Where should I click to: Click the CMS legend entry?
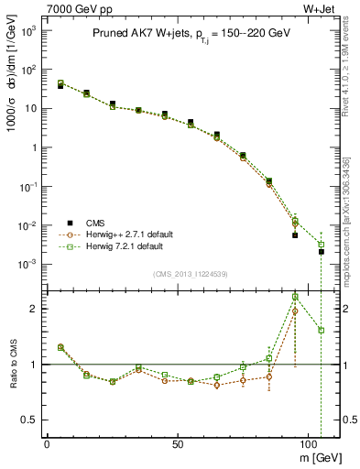click(x=94, y=223)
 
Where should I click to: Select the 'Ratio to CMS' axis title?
click(x=11, y=364)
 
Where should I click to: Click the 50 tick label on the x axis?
click(x=179, y=442)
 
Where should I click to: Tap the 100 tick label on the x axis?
click(x=311, y=442)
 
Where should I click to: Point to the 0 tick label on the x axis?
click(x=47, y=442)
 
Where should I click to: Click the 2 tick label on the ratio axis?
click(x=33, y=309)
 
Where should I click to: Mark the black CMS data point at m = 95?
click(x=295, y=235)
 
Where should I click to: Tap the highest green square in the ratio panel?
click(x=295, y=297)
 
